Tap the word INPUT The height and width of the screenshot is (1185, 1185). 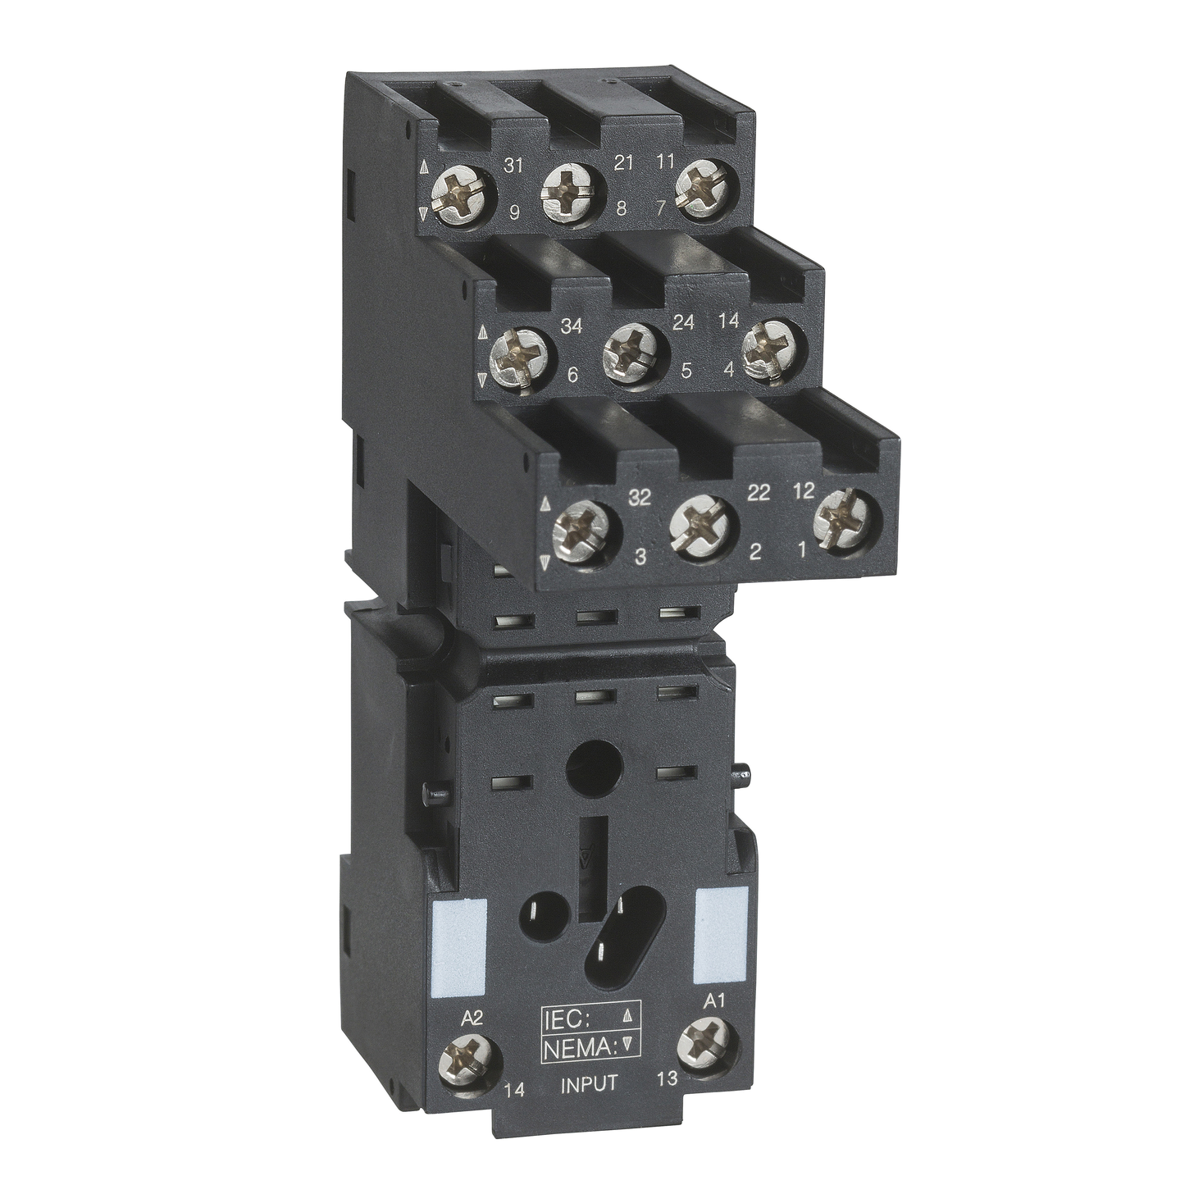click(588, 1084)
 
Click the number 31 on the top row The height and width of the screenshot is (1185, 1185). click(513, 166)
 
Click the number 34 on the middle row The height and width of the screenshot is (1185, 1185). click(571, 326)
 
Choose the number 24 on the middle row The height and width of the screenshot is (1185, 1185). click(682, 322)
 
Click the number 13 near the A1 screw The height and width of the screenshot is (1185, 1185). click(668, 1078)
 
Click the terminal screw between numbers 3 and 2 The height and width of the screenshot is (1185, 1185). click(700, 526)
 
